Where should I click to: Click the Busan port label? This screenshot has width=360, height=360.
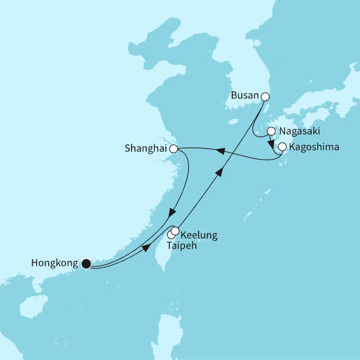(x=245, y=96)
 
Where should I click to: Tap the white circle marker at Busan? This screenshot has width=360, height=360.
(x=265, y=97)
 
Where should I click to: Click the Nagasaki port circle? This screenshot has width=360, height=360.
(x=271, y=132)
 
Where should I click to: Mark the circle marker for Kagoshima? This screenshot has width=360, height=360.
(x=282, y=147)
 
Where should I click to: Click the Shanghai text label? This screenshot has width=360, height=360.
(x=146, y=149)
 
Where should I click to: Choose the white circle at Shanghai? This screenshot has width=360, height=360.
(x=174, y=149)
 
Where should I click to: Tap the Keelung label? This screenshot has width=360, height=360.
(x=199, y=235)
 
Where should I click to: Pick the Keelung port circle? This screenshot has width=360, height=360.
(x=175, y=231)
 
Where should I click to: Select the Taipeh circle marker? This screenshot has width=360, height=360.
(x=171, y=235)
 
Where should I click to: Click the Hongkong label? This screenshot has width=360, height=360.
(x=56, y=263)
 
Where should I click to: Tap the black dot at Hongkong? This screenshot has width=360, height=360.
(x=85, y=263)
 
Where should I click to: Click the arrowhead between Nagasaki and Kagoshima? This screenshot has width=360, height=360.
(x=271, y=141)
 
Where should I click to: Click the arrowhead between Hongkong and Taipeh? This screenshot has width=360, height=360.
(x=147, y=249)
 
